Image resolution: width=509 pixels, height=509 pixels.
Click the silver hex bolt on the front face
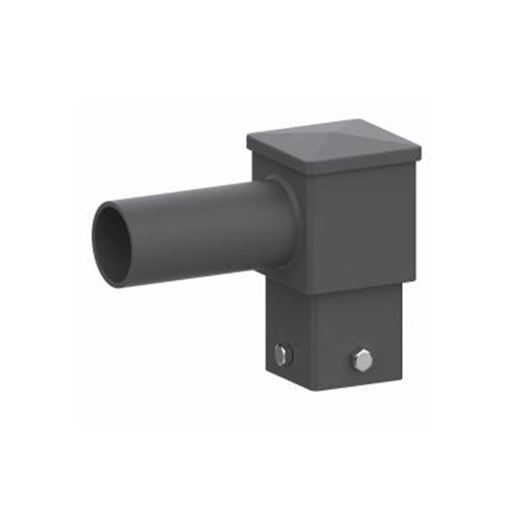point(361,361)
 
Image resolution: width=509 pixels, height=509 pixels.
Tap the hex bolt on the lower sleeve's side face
point(281,354)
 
